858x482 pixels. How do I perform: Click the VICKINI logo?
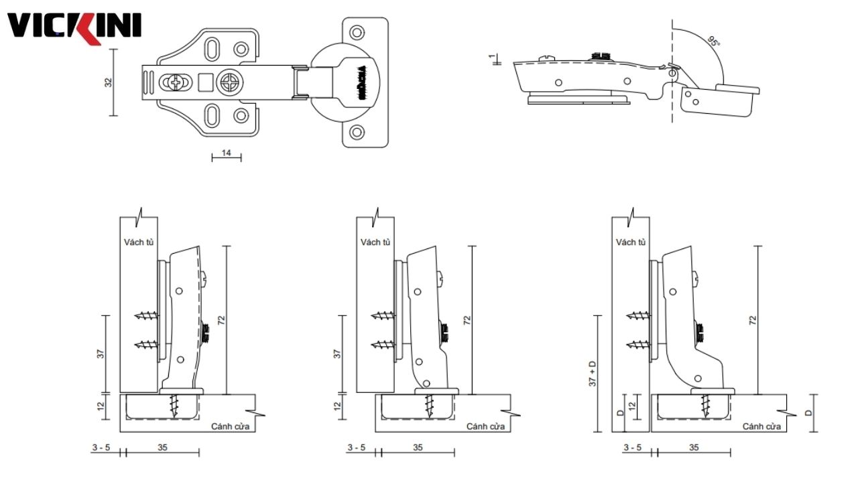click(x=74, y=27)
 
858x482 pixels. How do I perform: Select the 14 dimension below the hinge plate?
click(x=226, y=154)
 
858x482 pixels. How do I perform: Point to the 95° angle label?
click(x=713, y=42)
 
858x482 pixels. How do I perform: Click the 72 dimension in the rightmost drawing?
click(x=753, y=320)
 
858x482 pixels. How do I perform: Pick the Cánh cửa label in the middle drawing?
click(x=485, y=426)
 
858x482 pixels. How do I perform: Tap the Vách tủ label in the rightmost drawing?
click(x=631, y=242)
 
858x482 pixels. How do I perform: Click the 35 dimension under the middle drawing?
click(x=418, y=447)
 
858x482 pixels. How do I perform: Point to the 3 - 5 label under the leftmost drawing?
click(x=101, y=447)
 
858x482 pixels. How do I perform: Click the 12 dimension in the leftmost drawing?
click(x=101, y=406)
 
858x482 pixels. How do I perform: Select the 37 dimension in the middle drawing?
click(x=337, y=353)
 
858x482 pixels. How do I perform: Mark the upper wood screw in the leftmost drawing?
click(x=147, y=314)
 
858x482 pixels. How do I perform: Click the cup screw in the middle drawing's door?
click(x=429, y=404)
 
